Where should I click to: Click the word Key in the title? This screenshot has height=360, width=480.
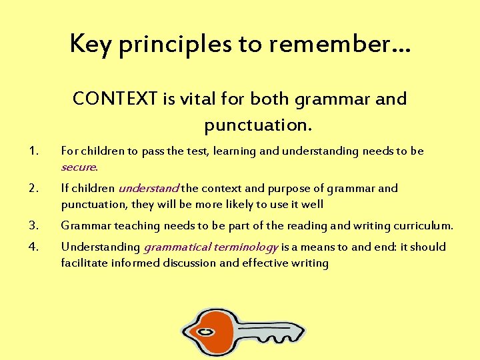(87, 44)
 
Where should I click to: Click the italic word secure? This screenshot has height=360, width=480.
(79, 167)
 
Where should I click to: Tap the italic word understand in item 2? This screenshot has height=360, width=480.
(148, 189)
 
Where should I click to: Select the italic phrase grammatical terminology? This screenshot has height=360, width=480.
(211, 247)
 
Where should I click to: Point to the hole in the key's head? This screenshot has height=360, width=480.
(206, 332)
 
